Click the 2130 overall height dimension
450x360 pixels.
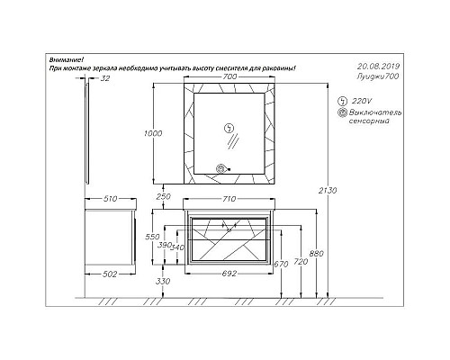(x=328, y=190)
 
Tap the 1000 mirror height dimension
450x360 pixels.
(x=153, y=133)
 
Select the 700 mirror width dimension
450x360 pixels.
(x=229, y=76)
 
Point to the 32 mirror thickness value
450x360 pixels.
(x=105, y=78)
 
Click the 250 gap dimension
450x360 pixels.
(x=164, y=196)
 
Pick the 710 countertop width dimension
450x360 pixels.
(x=229, y=199)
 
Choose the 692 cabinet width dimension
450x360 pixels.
(x=229, y=274)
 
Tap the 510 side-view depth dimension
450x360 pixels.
(x=110, y=199)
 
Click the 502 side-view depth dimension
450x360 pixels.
(x=110, y=274)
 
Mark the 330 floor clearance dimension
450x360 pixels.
(x=163, y=281)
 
